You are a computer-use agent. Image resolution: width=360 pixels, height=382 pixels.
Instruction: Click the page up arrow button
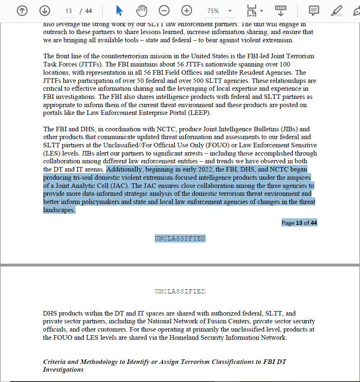(22, 11)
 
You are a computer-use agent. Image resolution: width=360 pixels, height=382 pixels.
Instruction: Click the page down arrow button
(44, 11)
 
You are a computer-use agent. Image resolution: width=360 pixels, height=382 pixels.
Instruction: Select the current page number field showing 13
(69, 11)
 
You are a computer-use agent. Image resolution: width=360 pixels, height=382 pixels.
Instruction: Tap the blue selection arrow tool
(119, 11)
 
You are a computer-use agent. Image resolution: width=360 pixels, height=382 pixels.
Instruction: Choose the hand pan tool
(142, 11)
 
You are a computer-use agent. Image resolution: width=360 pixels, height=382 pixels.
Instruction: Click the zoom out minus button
(164, 11)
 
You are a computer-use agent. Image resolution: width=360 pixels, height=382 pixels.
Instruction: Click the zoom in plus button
(187, 11)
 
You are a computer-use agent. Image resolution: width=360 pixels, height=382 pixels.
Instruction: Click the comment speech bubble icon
(314, 11)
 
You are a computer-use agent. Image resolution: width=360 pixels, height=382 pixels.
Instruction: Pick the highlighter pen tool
(337, 11)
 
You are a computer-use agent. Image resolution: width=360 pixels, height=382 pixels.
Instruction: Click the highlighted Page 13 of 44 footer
(299, 223)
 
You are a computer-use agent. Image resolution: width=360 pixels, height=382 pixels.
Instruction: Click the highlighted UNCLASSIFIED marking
(180, 238)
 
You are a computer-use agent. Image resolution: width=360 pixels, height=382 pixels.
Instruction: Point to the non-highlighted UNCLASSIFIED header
(180, 291)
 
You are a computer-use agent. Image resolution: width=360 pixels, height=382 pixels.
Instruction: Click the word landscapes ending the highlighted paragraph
(59, 210)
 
